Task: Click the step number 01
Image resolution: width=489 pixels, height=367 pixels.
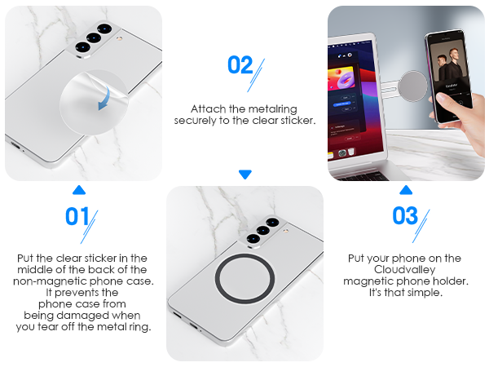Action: coord(77,218)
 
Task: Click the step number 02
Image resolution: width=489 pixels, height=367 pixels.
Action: coord(240,65)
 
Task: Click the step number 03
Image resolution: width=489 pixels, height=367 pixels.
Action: coord(405,216)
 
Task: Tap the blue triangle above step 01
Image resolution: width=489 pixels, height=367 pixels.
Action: coord(79,190)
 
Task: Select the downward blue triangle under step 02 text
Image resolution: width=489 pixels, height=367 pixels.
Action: coord(245,174)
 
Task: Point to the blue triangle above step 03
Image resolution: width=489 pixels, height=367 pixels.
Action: coord(406,190)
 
